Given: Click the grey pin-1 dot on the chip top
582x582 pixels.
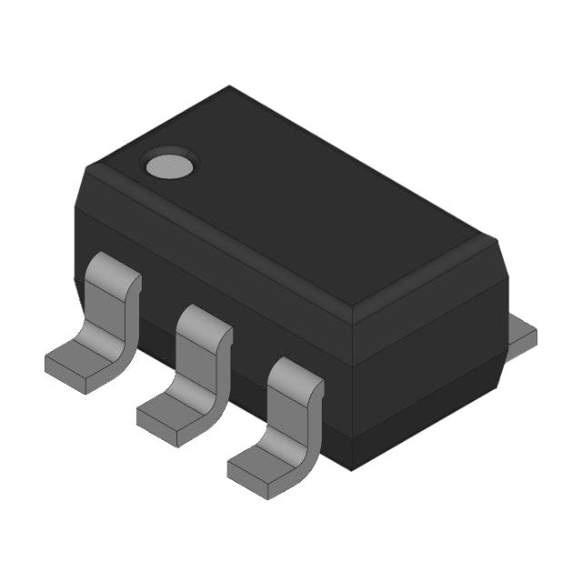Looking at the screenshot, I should (169, 166).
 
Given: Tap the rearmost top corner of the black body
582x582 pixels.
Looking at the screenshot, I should (229, 88).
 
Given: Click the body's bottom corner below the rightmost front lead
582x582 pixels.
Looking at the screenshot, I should (353, 467).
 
